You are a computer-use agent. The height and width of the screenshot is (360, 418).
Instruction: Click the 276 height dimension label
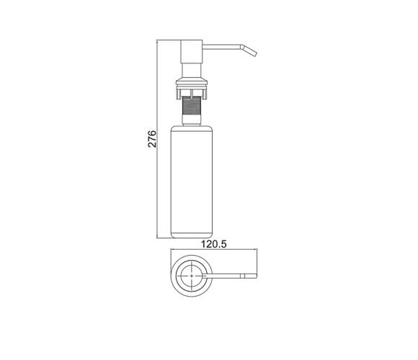[152, 139]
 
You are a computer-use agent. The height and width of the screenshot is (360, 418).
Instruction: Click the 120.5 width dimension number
[213, 244]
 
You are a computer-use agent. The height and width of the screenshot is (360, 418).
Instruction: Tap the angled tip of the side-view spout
[249, 50]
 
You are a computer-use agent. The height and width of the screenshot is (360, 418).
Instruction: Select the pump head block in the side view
[192, 52]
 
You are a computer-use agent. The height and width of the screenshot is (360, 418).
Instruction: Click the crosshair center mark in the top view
[192, 276]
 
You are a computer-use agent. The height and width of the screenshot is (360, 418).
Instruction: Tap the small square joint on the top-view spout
[243, 276]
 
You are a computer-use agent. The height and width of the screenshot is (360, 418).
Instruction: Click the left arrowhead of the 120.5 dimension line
[172, 250]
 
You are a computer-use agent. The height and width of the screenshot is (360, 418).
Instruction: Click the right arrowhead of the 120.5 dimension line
[256, 250]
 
